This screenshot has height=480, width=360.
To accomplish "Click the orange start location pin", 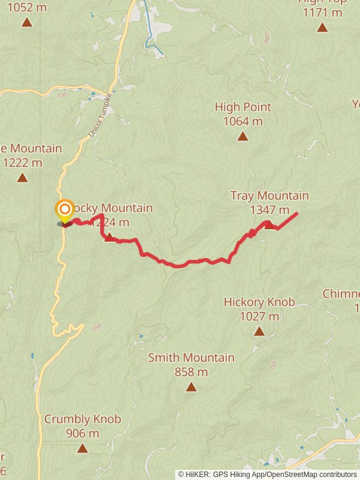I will [x=64, y=211].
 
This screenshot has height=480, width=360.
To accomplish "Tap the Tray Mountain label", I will [x=269, y=196].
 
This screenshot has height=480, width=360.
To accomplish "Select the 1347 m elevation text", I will [x=269, y=210].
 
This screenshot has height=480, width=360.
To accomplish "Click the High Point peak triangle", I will [x=242, y=136].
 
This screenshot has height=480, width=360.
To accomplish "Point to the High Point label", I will [x=243, y=107].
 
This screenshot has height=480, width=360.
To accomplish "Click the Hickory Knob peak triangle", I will [x=259, y=331].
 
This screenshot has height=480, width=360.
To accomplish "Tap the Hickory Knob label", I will [x=259, y=302].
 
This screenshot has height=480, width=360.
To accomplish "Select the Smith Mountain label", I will [x=191, y=358].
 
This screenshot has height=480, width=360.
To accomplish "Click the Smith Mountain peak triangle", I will [x=191, y=387].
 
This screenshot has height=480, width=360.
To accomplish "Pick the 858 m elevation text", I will [x=191, y=372].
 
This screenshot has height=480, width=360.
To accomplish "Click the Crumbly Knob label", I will [x=82, y=419].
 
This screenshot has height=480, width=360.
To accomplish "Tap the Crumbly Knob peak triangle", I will [x=82, y=448].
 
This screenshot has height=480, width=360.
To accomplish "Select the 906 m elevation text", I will [x=82, y=433].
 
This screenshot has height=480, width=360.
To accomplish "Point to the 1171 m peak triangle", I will [x=322, y=27].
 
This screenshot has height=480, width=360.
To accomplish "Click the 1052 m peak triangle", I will [x=26, y=23].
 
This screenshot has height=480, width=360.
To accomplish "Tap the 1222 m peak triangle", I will [x=22, y=177].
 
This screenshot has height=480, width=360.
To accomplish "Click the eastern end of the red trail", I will [x=296, y=214].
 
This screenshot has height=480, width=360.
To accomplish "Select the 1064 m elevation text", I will [x=242, y=122].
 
